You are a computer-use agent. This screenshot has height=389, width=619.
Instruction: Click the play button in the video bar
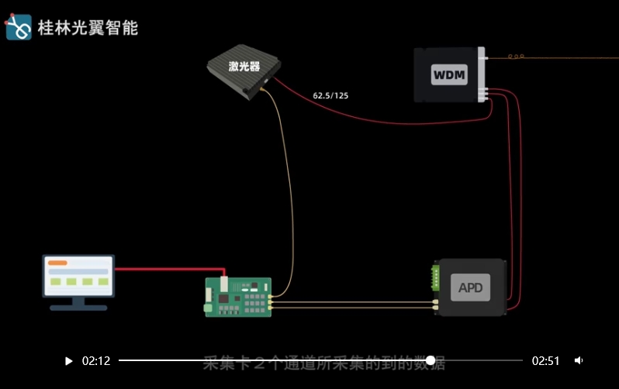(69, 361)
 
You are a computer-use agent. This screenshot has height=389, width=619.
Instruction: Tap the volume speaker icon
(579, 361)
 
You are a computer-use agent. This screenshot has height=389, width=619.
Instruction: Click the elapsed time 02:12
(96, 361)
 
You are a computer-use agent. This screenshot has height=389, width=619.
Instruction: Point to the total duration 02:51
(545, 361)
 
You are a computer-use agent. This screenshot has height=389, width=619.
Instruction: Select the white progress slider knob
(431, 361)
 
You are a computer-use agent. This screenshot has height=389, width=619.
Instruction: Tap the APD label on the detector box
(471, 288)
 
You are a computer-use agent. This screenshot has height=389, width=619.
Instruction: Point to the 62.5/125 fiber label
(330, 95)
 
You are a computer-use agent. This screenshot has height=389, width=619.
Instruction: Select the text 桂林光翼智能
(88, 28)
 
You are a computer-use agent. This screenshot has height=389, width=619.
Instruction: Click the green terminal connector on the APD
(437, 277)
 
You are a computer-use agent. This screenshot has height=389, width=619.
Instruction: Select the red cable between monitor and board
(171, 270)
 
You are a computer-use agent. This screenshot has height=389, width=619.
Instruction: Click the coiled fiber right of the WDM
(517, 57)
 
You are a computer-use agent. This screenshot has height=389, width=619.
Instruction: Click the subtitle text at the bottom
(324, 363)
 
